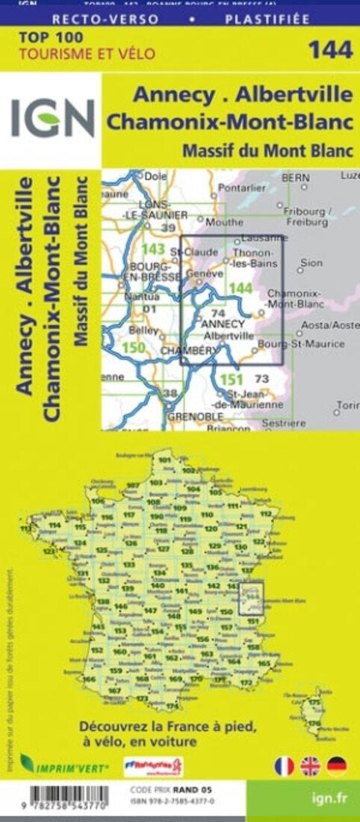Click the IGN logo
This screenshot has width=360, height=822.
(x=52, y=119)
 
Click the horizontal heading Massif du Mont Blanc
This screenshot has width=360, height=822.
(x=267, y=150)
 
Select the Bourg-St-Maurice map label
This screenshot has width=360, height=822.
(x=301, y=344)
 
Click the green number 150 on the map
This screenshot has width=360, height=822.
(x=134, y=347)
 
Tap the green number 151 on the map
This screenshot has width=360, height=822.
(x=232, y=379)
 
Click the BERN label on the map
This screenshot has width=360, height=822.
(x=297, y=178)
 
